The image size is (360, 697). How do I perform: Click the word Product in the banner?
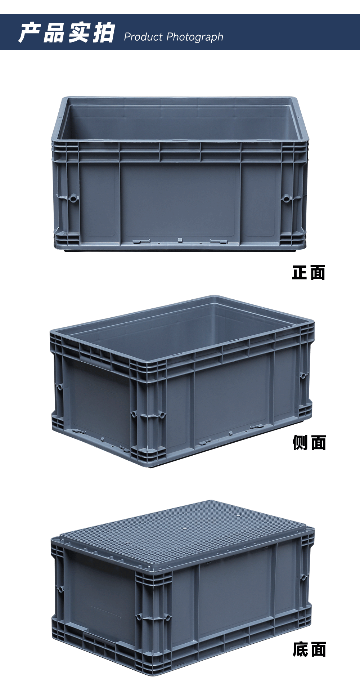click(x=143, y=37)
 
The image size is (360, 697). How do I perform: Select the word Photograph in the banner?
click(x=195, y=37)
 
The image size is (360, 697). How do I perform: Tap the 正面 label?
click(x=309, y=272)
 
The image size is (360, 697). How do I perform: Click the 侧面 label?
click(x=309, y=443)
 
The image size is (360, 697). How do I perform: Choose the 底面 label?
click(x=309, y=649)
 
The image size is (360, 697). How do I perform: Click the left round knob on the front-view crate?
click(x=73, y=198)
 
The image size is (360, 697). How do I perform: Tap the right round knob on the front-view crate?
click(x=286, y=198)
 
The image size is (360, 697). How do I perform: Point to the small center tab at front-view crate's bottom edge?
click(x=179, y=240)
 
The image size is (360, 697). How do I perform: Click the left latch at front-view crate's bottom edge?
click(x=141, y=241)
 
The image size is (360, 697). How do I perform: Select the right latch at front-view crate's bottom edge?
click(x=219, y=241)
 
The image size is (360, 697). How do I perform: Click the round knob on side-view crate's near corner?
click(x=134, y=414)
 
